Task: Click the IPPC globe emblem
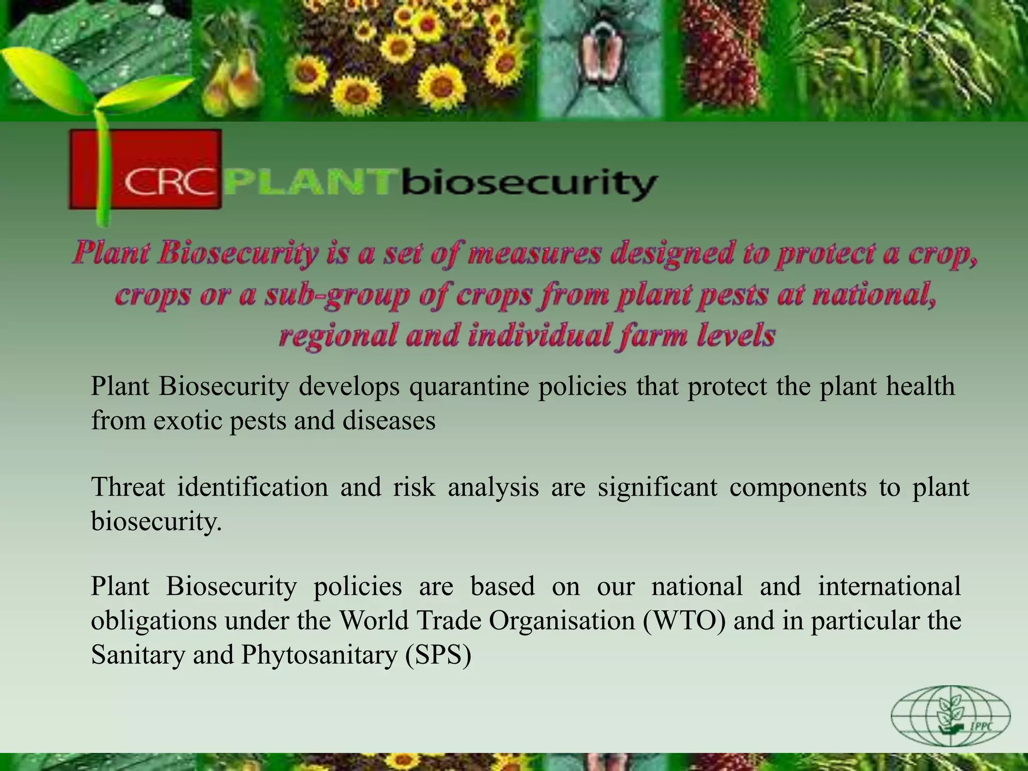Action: click(951, 716)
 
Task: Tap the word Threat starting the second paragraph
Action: click(128, 487)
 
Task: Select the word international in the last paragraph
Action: click(889, 586)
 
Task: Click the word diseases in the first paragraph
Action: click(389, 420)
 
